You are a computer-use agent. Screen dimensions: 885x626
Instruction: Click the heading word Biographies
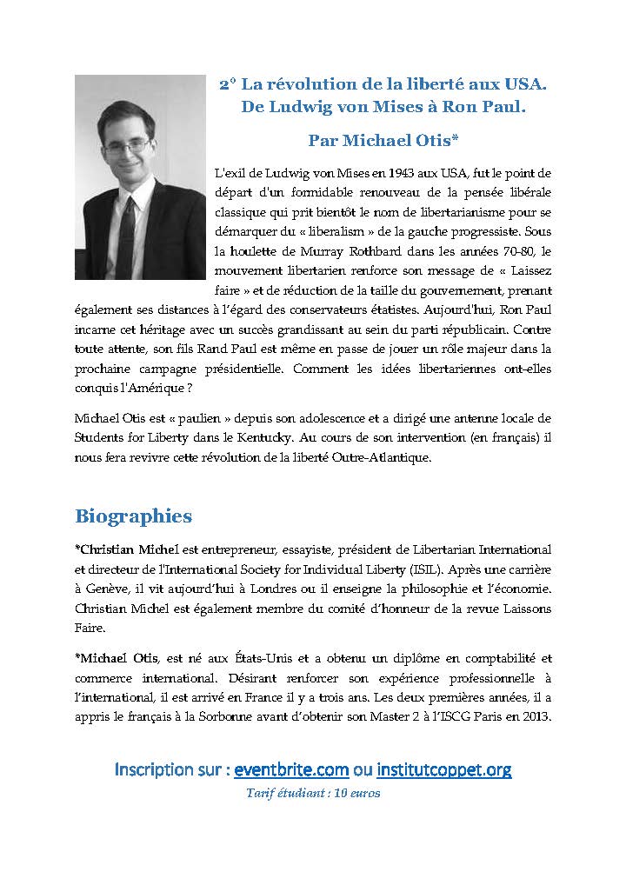(x=133, y=516)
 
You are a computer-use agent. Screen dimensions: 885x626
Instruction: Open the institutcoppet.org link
(x=444, y=769)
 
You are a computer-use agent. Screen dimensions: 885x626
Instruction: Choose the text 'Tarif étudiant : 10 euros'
(x=313, y=793)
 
